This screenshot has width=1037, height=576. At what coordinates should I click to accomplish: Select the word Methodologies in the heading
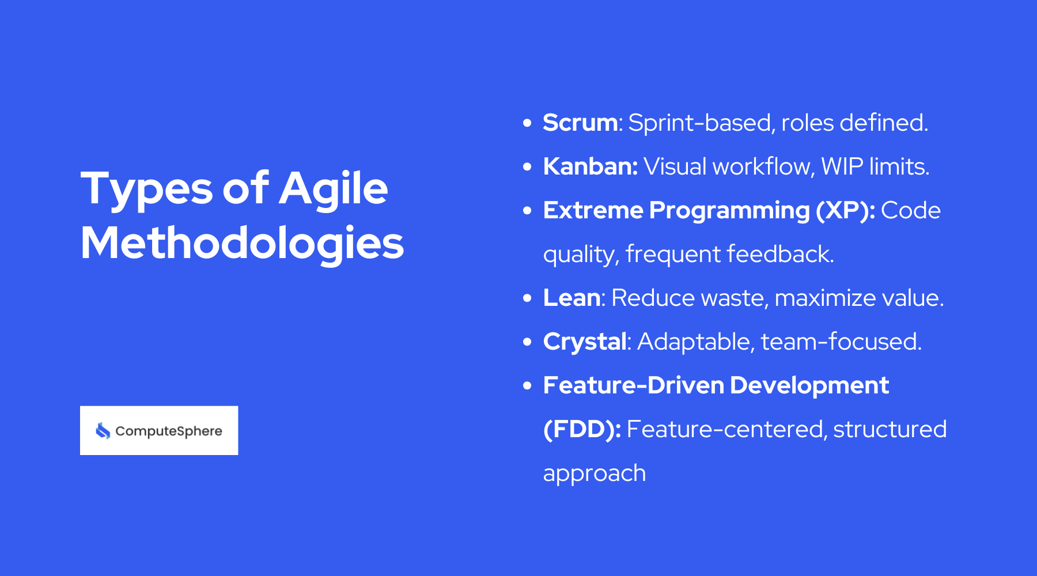click(242, 243)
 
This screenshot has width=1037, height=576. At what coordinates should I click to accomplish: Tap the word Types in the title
click(147, 189)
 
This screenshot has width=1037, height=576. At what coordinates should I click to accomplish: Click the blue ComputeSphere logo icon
click(103, 431)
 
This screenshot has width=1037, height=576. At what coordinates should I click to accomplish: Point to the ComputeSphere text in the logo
click(168, 431)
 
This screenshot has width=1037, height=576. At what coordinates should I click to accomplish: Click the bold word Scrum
click(580, 123)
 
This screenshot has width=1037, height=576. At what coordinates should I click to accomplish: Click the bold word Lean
click(572, 298)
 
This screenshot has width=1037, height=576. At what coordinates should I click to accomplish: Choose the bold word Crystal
click(584, 342)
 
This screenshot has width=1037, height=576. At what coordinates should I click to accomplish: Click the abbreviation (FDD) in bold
click(581, 429)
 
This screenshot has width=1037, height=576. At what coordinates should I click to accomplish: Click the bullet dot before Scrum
click(527, 123)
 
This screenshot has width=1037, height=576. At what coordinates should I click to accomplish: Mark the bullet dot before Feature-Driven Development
click(527, 386)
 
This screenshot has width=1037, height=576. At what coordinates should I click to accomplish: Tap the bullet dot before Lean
click(527, 298)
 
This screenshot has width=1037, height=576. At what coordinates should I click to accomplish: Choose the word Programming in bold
click(729, 211)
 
